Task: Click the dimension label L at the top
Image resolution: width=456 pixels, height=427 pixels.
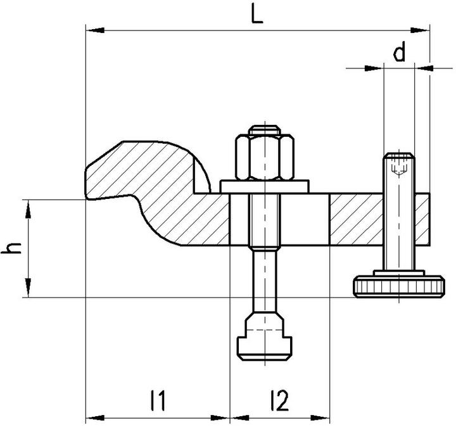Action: click(256, 15)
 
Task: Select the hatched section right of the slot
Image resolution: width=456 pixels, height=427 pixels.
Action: click(355, 219)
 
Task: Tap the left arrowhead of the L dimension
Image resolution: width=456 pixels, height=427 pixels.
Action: click(90, 29)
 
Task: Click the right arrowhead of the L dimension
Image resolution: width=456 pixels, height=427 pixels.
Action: click(424, 29)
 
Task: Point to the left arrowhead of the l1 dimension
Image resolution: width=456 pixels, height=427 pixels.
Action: click(90, 417)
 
